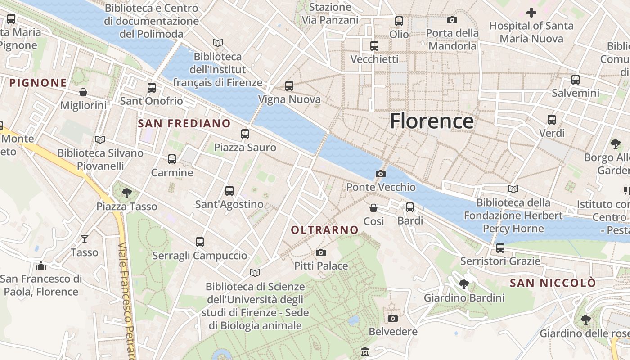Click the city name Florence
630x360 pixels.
tap(432, 121)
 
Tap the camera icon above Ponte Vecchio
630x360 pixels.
tap(380, 174)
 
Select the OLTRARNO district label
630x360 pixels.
tap(324, 230)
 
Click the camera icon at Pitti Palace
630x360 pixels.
tap(320, 252)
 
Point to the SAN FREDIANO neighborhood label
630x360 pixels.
tap(184, 123)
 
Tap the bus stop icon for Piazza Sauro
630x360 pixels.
tap(245, 134)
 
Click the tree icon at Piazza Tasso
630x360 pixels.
tap(126, 193)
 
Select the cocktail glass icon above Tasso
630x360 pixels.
tap(84, 238)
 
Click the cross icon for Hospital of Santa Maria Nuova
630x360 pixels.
tap(531, 12)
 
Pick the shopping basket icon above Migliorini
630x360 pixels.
tap(83, 92)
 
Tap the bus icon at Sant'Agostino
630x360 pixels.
tap(229, 190)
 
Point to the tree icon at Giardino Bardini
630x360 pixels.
tap(463, 284)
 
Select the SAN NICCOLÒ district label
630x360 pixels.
tap(553, 283)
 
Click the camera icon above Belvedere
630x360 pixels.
tap(392, 318)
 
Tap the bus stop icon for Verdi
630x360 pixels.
tap(552, 120)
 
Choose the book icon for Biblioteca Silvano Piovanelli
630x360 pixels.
tap(100, 139)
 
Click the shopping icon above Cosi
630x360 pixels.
tap(373, 207)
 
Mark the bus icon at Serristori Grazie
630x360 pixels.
tap(500, 247)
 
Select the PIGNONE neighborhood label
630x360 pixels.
tap(38, 83)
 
